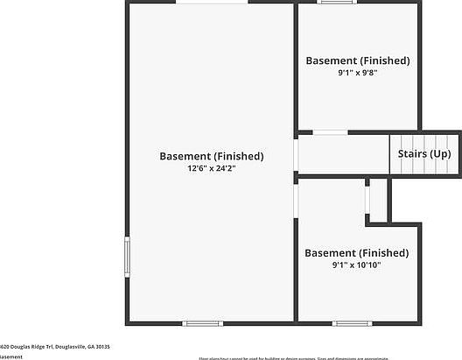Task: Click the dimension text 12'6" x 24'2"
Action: click(x=211, y=167)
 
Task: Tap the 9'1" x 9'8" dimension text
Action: click(x=357, y=73)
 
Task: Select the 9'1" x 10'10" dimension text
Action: click(x=356, y=265)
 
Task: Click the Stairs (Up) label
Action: click(x=424, y=153)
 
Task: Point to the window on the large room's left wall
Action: click(x=128, y=257)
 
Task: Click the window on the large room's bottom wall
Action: click(x=202, y=323)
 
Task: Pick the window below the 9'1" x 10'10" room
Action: click(x=352, y=323)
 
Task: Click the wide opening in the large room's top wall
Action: click(x=211, y=3)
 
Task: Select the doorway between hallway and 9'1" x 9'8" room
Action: click(x=329, y=132)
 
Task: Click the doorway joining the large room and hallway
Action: click(x=296, y=155)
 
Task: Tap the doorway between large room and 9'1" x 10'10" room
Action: click(x=296, y=199)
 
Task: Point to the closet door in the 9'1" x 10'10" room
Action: click(x=368, y=199)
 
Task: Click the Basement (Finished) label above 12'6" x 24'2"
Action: click(x=211, y=156)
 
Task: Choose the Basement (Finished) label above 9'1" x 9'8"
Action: click(x=357, y=60)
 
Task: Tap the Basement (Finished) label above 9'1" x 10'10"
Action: click(x=356, y=252)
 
